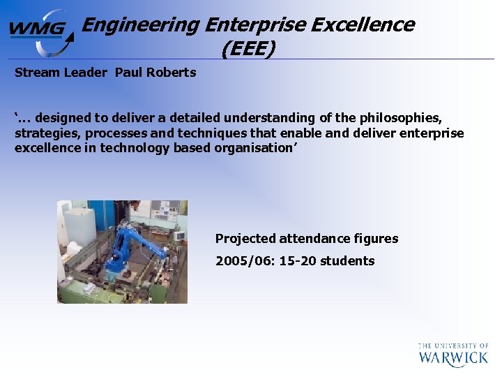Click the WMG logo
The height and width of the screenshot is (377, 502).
40,31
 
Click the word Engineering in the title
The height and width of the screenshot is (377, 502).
140,25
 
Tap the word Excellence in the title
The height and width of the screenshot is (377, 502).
363,25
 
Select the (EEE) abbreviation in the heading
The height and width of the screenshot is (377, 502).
248,49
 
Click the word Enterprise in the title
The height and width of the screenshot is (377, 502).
255,25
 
